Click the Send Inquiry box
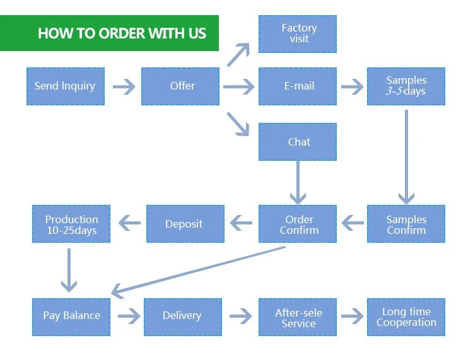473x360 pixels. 65,86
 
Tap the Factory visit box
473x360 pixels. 298,33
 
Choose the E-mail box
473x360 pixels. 298,86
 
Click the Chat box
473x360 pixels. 298,142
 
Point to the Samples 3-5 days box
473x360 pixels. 406,86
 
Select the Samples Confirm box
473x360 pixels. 406,224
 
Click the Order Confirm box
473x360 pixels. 298,224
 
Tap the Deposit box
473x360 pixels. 184,224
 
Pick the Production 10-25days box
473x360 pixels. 71,224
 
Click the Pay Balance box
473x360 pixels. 71,316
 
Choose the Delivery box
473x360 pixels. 182,316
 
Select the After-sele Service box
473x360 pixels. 298,317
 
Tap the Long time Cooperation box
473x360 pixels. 406,316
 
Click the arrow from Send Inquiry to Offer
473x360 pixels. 123,86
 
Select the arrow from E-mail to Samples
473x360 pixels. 352,86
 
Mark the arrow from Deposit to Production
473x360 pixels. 129,223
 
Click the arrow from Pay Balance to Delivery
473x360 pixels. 129,316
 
